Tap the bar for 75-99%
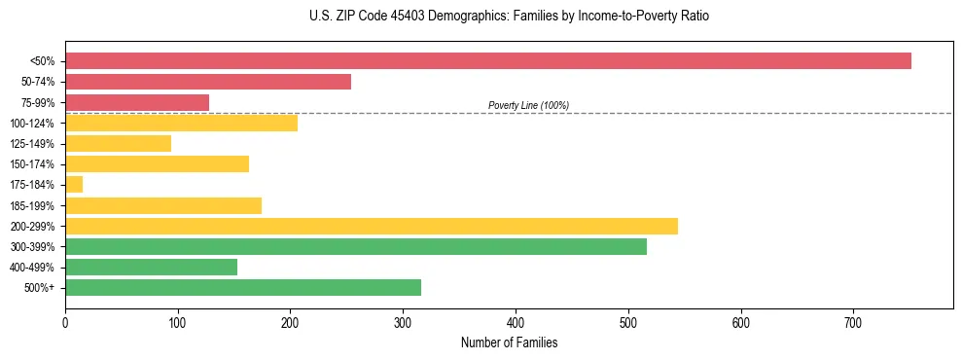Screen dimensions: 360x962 click(x=137, y=102)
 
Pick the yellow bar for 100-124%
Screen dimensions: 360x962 click(x=181, y=123)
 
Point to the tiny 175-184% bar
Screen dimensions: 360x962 click(x=74, y=184)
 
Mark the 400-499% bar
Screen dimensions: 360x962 click(x=151, y=267)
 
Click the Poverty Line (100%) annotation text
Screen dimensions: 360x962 click(x=528, y=105)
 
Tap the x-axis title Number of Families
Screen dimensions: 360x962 click(x=509, y=342)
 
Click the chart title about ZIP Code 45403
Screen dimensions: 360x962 click(x=509, y=17)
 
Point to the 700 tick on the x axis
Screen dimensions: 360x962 click(x=853, y=322)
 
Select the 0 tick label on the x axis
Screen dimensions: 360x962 click(x=65, y=322)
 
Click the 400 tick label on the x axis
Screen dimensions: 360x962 click(x=516, y=322)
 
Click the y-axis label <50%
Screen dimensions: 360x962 click(x=42, y=61)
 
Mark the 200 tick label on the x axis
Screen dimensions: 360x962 click(x=290, y=322)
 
